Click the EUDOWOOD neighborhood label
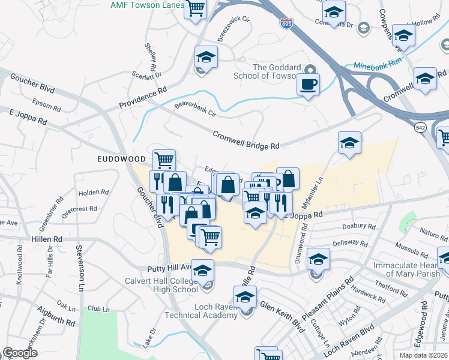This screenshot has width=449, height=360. coord(122,158)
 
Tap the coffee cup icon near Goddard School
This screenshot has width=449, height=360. coord(309,84)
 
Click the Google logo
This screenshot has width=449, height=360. coord(20,353)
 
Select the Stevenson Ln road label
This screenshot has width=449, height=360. coord(79,268)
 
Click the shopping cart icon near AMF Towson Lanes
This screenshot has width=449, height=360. coord(194,10)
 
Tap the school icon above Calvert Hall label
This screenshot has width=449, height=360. coord(203,271)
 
